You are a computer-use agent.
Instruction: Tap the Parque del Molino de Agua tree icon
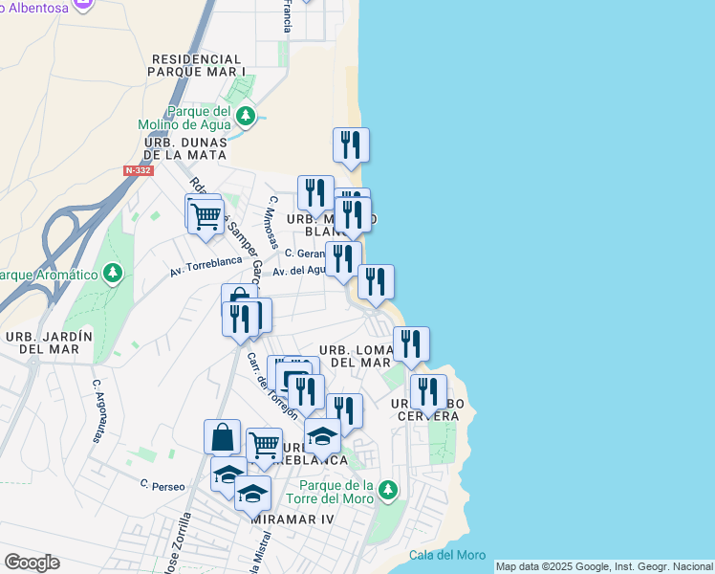247,117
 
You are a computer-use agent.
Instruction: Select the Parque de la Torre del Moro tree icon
387,491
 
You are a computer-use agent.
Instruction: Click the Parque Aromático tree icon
113,275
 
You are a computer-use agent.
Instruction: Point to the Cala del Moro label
446,555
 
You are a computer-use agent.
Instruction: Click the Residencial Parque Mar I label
199,65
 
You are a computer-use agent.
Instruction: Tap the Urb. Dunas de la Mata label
186,148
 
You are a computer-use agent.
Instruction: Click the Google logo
32,563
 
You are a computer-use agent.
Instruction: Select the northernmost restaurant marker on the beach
351,145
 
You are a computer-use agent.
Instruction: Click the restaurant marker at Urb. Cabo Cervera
428,390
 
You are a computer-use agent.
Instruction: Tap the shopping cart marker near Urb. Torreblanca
264,445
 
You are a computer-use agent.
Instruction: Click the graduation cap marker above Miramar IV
252,493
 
